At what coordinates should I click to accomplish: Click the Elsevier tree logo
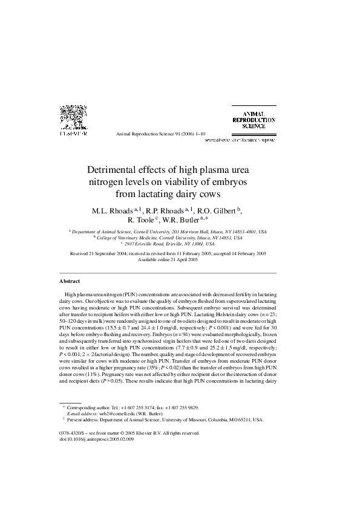pyautogui.click(x=72, y=118)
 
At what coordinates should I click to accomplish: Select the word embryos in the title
pyautogui.click(x=232, y=182)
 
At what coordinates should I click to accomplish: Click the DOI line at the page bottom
pyautogui.click(x=97, y=439)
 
